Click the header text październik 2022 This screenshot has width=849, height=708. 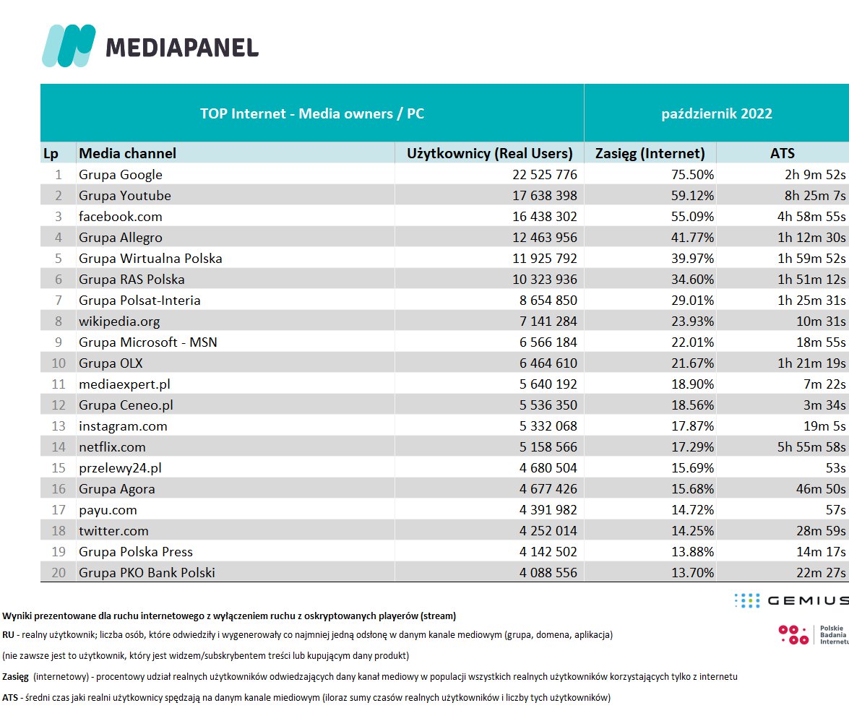[717, 113]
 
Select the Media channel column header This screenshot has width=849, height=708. [127, 153]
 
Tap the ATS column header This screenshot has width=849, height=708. [783, 153]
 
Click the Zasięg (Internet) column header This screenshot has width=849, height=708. [650, 153]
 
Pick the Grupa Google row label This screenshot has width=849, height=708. [121, 175]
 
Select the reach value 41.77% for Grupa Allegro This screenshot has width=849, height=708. [691, 238]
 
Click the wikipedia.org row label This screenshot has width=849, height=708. [119, 321]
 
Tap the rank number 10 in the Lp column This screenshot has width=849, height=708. [59, 363]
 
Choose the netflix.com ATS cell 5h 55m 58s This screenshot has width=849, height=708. [811, 447]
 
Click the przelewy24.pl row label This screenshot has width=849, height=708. [120, 468]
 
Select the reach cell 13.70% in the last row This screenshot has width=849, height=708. [691, 573]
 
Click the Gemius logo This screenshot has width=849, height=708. [790, 600]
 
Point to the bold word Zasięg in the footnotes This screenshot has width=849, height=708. [14, 677]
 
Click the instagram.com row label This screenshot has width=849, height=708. [123, 426]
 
